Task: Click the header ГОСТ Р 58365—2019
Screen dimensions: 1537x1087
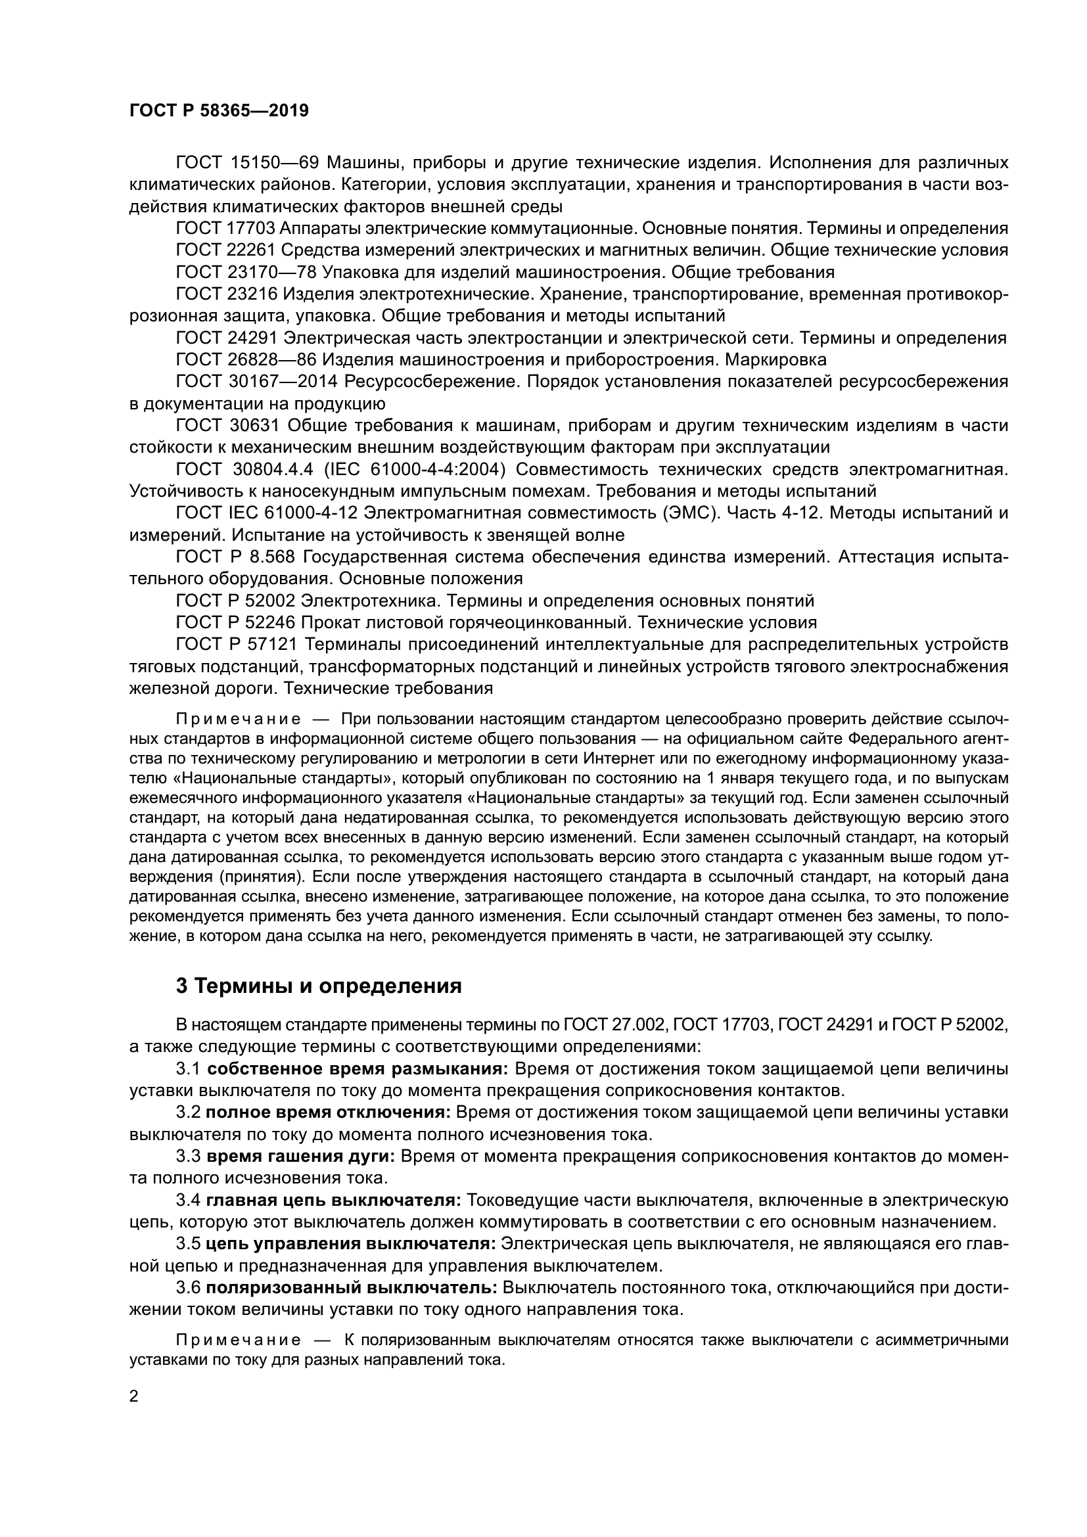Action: pos(219,110)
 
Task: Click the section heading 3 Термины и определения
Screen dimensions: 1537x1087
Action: pos(319,986)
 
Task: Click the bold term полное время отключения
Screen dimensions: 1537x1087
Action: pos(329,1113)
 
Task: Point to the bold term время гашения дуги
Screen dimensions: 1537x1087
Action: pos(301,1156)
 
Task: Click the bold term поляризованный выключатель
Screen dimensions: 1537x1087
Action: pos(352,1288)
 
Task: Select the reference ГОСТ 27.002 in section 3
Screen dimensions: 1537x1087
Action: pos(615,1025)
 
